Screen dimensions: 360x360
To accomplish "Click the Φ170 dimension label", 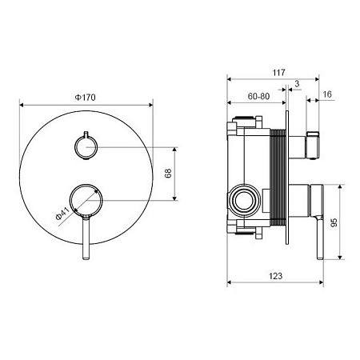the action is point(85,98).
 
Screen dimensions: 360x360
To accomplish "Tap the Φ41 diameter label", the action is point(62,214).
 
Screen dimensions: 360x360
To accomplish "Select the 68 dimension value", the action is point(168,174).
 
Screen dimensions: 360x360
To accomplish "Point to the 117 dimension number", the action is point(278,73).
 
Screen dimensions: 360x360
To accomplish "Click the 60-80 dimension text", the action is point(258,96).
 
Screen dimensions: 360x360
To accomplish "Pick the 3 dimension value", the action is point(297,84).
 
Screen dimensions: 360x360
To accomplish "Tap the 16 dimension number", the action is point(327,94).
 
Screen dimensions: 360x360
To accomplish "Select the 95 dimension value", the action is point(334,222).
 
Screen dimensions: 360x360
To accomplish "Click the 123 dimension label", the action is point(275,276).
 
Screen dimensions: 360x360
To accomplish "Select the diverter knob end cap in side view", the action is point(313,145).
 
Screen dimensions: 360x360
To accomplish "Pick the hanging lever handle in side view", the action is point(320,238).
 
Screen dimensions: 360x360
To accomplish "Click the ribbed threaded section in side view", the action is point(278,178).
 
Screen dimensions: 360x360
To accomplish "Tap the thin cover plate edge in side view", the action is point(287,178).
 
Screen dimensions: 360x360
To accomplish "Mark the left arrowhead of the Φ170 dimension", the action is point(22,105).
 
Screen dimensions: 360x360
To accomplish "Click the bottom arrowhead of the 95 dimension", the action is point(340,257).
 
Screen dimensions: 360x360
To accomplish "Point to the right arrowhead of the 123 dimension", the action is point(321,282).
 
